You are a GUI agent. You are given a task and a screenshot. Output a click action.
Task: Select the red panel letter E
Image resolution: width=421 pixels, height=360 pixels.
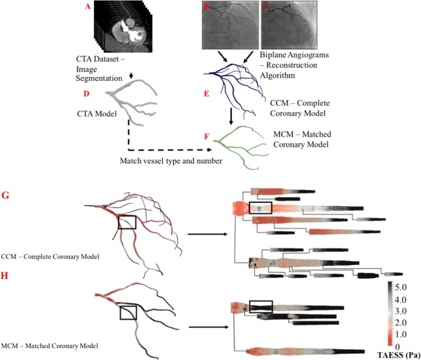(206, 93)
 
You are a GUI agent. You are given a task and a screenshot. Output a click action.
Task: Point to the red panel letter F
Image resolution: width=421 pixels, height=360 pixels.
(206, 136)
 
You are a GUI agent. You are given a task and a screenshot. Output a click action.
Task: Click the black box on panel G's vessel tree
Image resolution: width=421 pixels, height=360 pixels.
(127, 221)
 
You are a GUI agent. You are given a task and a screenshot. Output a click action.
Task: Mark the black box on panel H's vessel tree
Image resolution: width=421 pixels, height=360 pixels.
(127, 312)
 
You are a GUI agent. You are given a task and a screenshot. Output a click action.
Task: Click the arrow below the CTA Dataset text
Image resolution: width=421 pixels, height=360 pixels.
(130, 76)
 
